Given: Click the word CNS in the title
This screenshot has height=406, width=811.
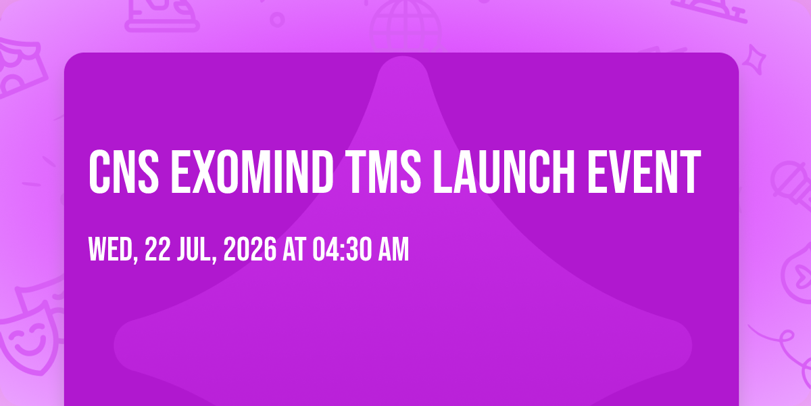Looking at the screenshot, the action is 124,172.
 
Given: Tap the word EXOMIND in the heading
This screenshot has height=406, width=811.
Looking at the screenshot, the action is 252,172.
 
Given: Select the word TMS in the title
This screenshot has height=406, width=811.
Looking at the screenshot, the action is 383,172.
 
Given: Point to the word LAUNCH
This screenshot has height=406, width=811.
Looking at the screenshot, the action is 504,172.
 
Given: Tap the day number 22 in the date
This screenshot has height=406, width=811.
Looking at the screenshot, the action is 157,249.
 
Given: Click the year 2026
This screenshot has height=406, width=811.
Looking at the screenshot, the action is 250,249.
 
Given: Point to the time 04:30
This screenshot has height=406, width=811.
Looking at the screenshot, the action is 342,249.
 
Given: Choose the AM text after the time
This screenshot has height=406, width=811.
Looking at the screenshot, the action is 393,249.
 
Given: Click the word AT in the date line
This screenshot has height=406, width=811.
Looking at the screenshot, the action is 295,249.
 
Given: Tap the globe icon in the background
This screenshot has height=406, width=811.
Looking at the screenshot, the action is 405,26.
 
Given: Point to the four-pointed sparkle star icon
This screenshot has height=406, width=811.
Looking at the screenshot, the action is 754,60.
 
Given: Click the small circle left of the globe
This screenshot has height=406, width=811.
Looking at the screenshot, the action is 277,20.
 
